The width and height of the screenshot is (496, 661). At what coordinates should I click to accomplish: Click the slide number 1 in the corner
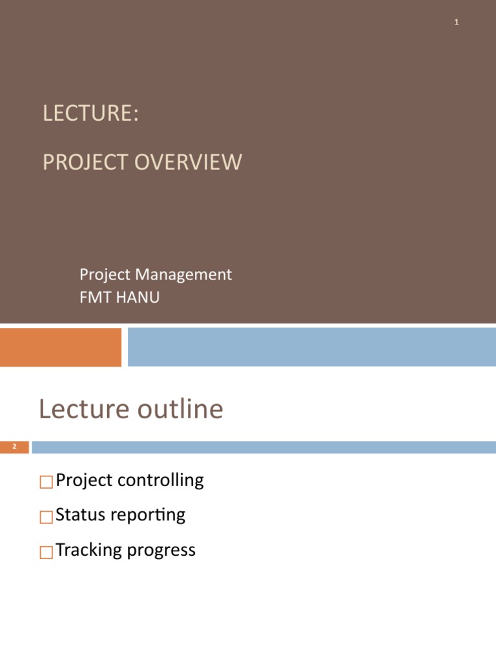coord(457,23)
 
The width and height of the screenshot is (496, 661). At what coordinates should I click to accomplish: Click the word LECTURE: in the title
coord(90,114)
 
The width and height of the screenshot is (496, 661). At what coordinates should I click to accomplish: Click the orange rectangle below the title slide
coord(60,347)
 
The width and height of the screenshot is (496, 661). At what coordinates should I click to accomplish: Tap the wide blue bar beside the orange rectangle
coord(311,347)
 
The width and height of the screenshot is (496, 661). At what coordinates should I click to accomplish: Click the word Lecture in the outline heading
coord(79,410)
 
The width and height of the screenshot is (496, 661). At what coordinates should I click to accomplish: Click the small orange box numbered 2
coord(14,447)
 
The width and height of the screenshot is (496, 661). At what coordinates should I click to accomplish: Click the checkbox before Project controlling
coord(45,482)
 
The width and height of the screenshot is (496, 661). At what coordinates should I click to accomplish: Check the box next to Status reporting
coord(45,517)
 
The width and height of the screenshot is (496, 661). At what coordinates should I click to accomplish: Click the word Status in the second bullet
coord(81,515)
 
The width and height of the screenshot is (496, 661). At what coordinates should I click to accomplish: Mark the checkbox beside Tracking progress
coord(45,552)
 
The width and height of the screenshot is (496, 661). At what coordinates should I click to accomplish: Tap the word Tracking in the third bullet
coord(89,551)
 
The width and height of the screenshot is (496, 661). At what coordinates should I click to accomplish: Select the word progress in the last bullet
coord(161,551)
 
